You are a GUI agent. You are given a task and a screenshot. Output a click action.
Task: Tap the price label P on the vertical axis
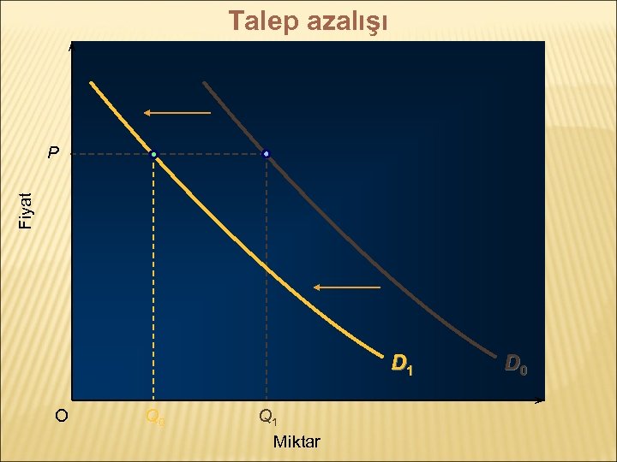coord(53,155)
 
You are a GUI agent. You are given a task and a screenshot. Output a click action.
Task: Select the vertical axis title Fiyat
coord(27,210)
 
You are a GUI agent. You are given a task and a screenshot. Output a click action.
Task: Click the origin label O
coord(61,417)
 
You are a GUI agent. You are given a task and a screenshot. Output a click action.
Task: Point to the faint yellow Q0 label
coord(155,417)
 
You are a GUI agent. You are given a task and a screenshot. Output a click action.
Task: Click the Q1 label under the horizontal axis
coord(267,417)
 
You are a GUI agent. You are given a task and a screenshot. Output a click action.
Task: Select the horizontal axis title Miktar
coord(296,441)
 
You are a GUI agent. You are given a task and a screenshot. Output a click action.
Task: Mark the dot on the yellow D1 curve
coord(153,155)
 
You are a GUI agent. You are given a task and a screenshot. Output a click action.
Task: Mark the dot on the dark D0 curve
coord(267,154)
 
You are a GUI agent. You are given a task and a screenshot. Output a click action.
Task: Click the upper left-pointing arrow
coord(177,112)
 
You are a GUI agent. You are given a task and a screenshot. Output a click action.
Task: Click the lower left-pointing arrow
coord(346,287)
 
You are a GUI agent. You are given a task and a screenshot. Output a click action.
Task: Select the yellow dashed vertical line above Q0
coord(153,282)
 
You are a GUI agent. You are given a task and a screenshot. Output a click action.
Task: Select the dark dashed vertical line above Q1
coord(267,282)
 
